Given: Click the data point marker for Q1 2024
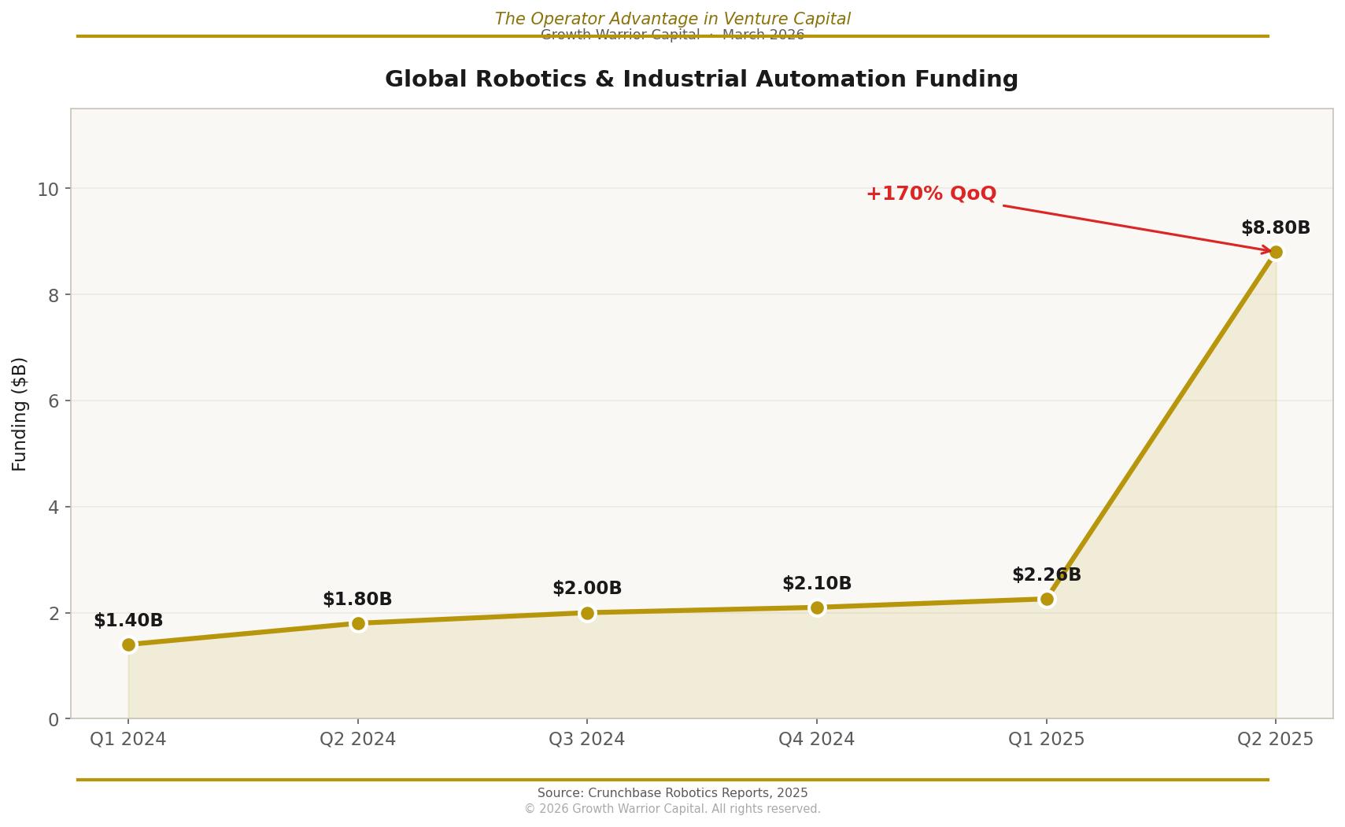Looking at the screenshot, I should point(128,644).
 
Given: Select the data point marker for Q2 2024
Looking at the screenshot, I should point(358,623).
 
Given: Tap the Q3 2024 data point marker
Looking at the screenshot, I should point(587,613).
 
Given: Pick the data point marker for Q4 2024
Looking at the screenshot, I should point(817,607).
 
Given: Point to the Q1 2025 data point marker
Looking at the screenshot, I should point(1047,599).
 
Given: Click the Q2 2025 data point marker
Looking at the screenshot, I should point(1276,252).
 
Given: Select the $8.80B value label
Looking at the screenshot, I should point(1275,228).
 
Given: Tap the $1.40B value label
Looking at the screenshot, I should point(128,621).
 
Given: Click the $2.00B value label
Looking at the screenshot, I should point(587,589).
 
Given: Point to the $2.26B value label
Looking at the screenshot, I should point(1047,575).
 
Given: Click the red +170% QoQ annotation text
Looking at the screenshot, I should point(931,194).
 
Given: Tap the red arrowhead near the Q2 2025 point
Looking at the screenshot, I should point(1266,250).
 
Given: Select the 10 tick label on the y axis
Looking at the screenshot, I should point(48,189).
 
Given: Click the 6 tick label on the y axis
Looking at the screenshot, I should point(54,401).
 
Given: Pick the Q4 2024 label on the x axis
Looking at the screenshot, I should point(816,740).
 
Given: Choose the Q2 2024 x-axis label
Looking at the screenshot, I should point(358,740).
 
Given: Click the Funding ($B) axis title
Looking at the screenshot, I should point(20,414).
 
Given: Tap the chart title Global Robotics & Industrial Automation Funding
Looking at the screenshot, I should point(701,79).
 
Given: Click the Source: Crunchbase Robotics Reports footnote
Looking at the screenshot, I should point(672,793).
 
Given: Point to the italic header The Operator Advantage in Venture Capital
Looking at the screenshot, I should point(672,19).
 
